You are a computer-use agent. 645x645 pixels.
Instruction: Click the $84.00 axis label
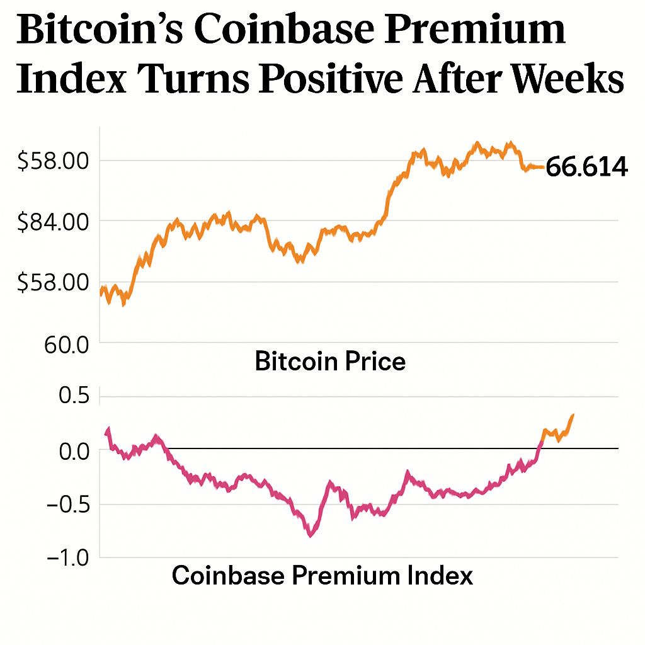53,222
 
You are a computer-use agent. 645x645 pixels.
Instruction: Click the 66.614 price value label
586,168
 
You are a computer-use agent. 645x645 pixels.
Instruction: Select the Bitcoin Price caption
330,362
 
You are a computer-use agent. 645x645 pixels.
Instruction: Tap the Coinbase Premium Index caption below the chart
322,576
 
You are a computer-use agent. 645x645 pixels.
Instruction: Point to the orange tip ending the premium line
573,415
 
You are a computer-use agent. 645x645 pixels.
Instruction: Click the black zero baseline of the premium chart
378,448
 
